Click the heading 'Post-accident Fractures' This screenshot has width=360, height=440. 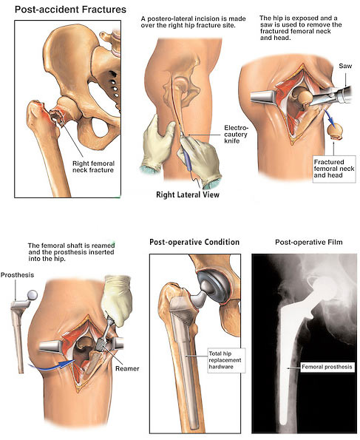tap(70, 10)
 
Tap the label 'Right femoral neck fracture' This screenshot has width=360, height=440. tap(93, 166)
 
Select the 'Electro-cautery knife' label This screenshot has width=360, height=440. tap(236, 134)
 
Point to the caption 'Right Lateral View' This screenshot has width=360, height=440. tap(188, 194)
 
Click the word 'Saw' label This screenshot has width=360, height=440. tap(345, 66)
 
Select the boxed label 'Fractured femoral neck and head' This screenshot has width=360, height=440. tap(334, 169)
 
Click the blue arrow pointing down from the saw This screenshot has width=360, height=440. tap(327, 115)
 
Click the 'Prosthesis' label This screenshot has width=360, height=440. tap(17, 274)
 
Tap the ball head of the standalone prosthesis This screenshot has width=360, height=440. tap(32, 294)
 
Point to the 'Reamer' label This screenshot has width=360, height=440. tap(127, 368)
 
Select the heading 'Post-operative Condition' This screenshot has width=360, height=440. tap(194, 242)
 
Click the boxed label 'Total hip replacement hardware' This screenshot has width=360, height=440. tap(225, 360)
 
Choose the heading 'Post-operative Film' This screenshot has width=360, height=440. tap(309, 242)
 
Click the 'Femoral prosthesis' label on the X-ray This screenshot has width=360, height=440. tap(327, 367)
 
